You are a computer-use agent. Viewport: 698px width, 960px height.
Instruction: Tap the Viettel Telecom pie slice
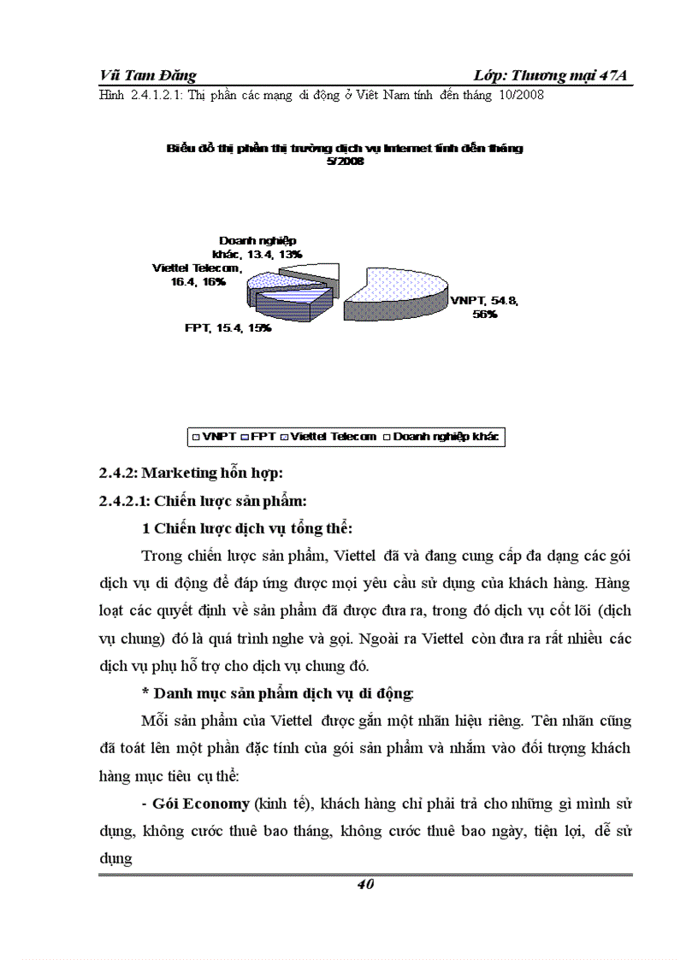tap(272, 283)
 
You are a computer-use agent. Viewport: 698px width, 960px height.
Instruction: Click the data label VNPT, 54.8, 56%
tap(484, 307)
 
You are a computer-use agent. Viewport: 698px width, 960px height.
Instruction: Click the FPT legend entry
tap(260, 436)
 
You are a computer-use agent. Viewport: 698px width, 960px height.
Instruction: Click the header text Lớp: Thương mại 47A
tap(550, 76)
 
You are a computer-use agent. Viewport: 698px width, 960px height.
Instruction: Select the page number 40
tap(365, 885)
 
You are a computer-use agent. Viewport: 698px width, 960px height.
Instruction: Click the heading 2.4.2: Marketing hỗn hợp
tap(191, 473)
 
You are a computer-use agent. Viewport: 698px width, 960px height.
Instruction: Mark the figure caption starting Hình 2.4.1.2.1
tap(322, 96)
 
